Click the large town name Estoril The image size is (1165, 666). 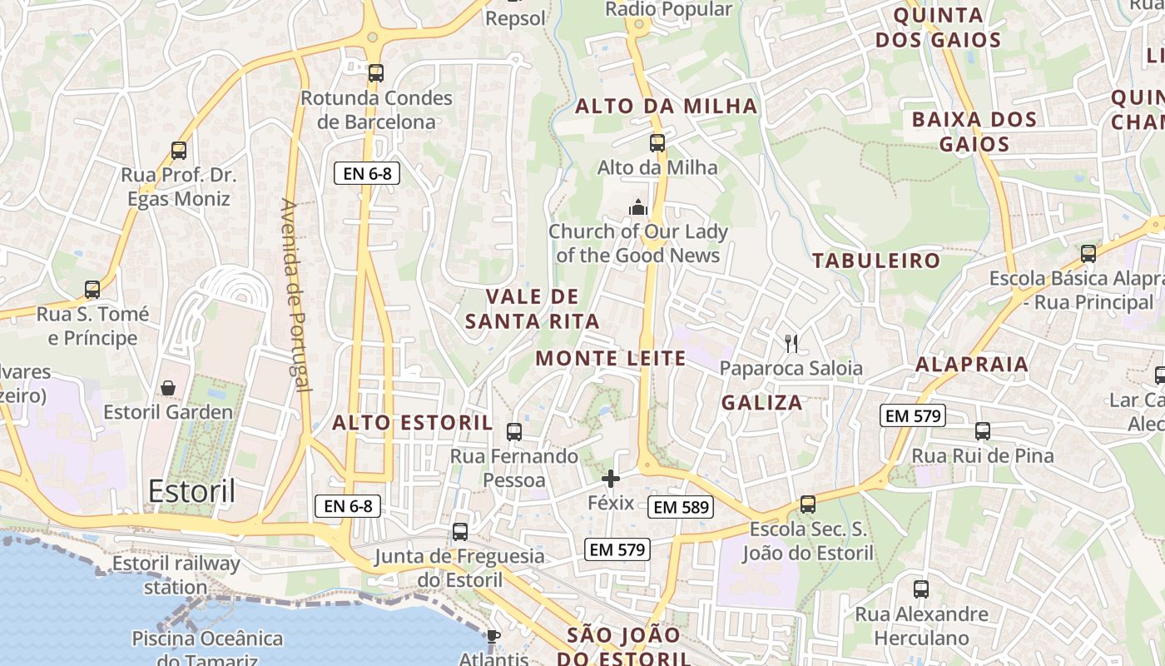click(191, 491)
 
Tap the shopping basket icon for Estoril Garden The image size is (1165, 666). click(168, 388)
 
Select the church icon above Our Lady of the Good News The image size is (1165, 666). click(638, 207)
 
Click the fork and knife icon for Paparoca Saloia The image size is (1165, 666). click(791, 343)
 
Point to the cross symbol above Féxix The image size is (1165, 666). click(611, 479)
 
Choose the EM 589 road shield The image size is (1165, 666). click(681, 506)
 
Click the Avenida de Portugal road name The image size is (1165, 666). click(295, 296)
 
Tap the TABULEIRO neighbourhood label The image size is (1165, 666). click(876, 261)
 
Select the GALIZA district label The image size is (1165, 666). click(761, 403)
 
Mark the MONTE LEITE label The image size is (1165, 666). click(610, 359)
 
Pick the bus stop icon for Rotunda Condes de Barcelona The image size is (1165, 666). click(376, 73)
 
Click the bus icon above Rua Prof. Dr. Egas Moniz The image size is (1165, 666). click(178, 151)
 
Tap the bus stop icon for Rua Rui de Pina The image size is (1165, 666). click(983, 431)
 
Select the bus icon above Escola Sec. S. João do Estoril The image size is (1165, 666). click(807, 504)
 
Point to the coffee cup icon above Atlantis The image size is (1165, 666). click(493, 637)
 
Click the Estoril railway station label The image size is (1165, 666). click(176, 574)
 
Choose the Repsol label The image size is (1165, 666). click(515, 18)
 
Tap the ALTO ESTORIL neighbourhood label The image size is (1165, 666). click(412, 423)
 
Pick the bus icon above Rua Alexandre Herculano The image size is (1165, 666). click(920, 589)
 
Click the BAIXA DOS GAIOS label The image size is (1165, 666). click(974, 132)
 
